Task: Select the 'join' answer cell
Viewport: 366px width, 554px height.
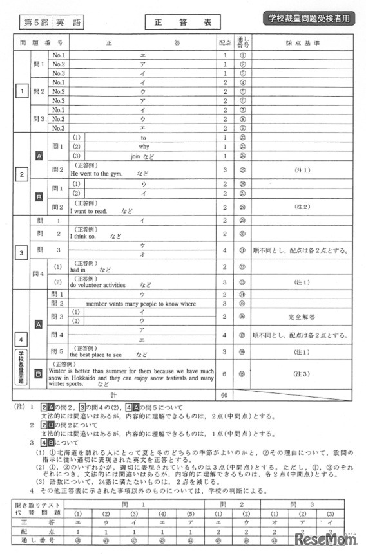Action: point(142,156)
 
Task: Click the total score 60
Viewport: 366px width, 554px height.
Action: point(225,394)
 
